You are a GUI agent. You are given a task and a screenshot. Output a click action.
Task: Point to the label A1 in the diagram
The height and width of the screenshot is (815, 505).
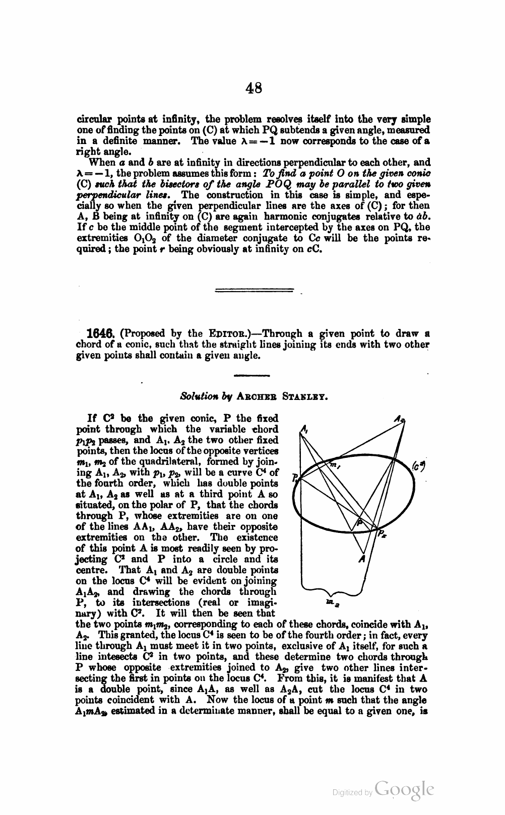click(x=303, y=430)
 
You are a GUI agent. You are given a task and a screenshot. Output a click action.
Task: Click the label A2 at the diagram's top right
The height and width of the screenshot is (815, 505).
click(x=400, y=419)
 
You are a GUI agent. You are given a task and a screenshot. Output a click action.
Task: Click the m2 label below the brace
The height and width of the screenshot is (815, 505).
click(x=330, y=602)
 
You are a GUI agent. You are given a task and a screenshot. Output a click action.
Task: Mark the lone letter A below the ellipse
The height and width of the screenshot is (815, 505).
click(x=361, y=559)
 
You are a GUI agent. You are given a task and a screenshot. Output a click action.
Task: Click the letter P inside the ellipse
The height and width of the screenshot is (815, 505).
click(x=359, y=522)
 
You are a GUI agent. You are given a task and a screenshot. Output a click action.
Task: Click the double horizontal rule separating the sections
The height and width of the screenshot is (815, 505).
click(x=254, y=290)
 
